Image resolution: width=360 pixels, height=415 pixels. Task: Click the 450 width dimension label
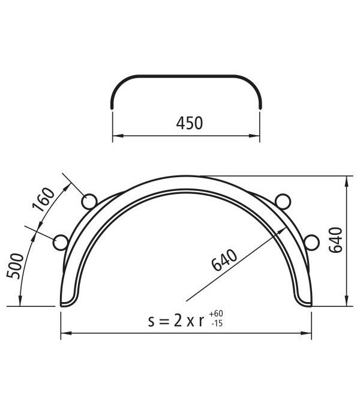pos(189,123)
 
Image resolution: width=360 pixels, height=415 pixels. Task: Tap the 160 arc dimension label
pos(44,200)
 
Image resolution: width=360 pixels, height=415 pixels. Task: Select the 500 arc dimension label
pos(16,266)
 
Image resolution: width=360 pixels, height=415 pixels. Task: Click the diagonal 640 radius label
pos(224,260)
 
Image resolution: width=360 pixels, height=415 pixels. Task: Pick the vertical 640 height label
pos(335,240)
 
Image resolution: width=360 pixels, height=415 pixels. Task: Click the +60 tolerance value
pos(216,314)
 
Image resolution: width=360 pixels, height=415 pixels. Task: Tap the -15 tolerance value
pos(217,323)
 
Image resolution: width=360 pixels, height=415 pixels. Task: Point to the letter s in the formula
pos(151,322)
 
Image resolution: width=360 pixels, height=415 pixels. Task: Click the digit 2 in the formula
pos(178,321)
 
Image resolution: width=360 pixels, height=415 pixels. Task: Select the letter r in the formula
pos(202,322)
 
